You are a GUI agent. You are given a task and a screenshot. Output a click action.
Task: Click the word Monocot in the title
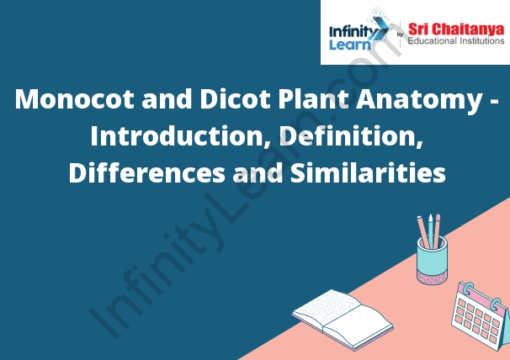point(75,99)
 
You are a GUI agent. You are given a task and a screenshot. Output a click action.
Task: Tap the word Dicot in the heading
point(235,99)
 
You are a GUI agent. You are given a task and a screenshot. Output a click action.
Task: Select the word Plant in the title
point(312,99)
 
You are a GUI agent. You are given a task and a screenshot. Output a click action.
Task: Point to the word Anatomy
point(419,100)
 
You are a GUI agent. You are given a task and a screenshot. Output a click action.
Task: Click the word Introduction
point(176,135)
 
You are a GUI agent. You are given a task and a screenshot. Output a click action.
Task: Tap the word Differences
point(146,172)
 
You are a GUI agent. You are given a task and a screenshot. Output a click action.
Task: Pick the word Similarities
point(368,172)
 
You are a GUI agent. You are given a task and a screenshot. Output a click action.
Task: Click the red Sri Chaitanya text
point(456,29)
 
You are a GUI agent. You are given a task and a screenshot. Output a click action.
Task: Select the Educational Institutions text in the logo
point(456,41)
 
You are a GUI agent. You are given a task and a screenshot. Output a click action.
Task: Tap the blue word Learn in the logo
point(350,45)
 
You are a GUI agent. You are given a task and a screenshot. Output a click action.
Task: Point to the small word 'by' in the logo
point(400,34)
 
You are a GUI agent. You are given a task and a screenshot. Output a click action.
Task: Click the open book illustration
point(343,319)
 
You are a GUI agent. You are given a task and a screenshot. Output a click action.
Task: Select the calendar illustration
point(481,316)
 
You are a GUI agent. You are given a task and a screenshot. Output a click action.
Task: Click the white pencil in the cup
point(431,231)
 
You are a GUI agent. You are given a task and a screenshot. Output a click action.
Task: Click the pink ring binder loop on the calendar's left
point(468,289)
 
